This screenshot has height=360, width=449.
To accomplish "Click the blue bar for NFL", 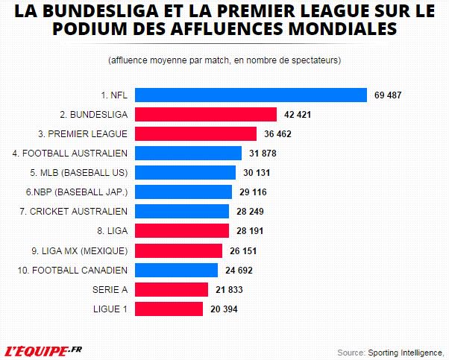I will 250,95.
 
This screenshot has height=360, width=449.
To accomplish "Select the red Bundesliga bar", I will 205,115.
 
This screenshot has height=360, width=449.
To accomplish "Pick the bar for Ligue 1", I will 168,309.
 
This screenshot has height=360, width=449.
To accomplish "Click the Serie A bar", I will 171,289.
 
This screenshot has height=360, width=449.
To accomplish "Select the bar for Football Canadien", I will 175,270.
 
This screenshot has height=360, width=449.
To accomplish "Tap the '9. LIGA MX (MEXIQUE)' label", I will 79,250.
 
